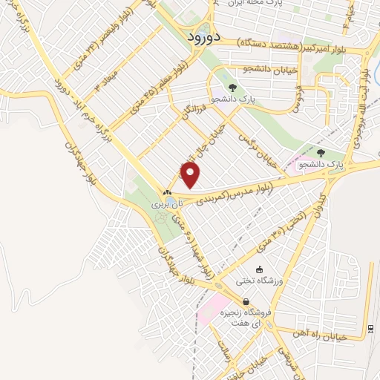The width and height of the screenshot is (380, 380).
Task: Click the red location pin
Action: [x=191, y=175]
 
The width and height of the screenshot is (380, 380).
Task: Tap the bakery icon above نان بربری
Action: [x=168, y=193]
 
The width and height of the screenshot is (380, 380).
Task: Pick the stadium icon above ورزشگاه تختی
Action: [x=259, y=269]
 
